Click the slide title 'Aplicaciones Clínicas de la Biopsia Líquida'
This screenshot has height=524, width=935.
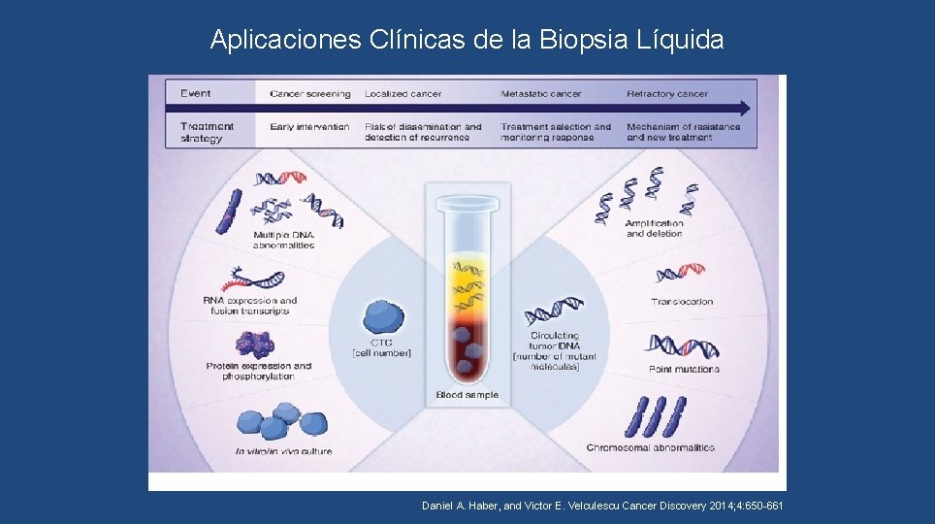pos(467,40)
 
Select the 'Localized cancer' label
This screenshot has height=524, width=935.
pos(403,94)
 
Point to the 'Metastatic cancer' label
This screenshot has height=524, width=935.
pos(541,94)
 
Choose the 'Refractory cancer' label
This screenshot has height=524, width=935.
pos(667,94)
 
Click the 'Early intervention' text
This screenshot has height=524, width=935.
pos(309,127)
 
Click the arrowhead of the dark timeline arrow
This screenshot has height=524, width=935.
pos(746,108)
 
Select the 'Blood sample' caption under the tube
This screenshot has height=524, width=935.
pos(467,395)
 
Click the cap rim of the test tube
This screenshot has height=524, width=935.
pos(467,203)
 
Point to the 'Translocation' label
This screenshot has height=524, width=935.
pos(681,302)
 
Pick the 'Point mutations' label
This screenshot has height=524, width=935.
pos(684,370)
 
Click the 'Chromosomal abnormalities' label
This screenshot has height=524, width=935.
pos(650,447)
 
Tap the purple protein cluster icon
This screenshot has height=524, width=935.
pos(257,344)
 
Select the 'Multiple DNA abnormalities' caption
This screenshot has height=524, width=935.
pos(284,240)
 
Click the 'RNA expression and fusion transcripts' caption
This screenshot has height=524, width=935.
pos(250,306)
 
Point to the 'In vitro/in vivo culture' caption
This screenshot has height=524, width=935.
pos(284,451)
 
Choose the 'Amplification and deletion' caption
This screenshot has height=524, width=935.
pos(655,228)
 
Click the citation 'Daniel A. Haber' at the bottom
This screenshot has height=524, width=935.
pos(459,507)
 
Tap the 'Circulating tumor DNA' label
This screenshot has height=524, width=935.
pos(555,342)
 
